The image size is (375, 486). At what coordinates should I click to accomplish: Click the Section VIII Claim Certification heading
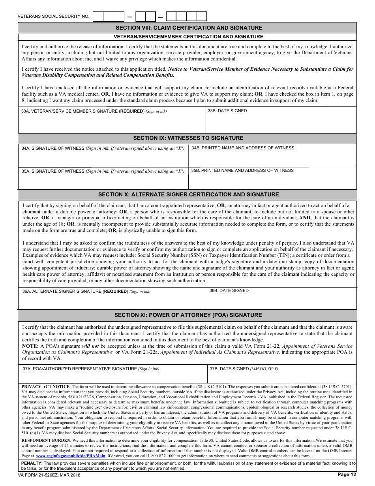(x=189, y=28)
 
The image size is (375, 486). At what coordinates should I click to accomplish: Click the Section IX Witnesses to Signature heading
(x=188, y=138)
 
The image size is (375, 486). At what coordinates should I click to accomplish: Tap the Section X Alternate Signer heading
(x=188, y=194)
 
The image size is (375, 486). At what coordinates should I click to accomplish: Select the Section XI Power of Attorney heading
(x=188, y=315)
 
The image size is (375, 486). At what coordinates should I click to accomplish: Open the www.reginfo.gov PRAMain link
(x=71, y=456)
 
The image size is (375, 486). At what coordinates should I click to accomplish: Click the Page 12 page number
(x=347, y=475)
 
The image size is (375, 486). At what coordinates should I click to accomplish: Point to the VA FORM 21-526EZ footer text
(x=49, y=475)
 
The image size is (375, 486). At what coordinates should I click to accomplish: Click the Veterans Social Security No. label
(x=54, y=17)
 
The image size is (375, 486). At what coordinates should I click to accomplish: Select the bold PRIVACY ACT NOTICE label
(x=45, y=386)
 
